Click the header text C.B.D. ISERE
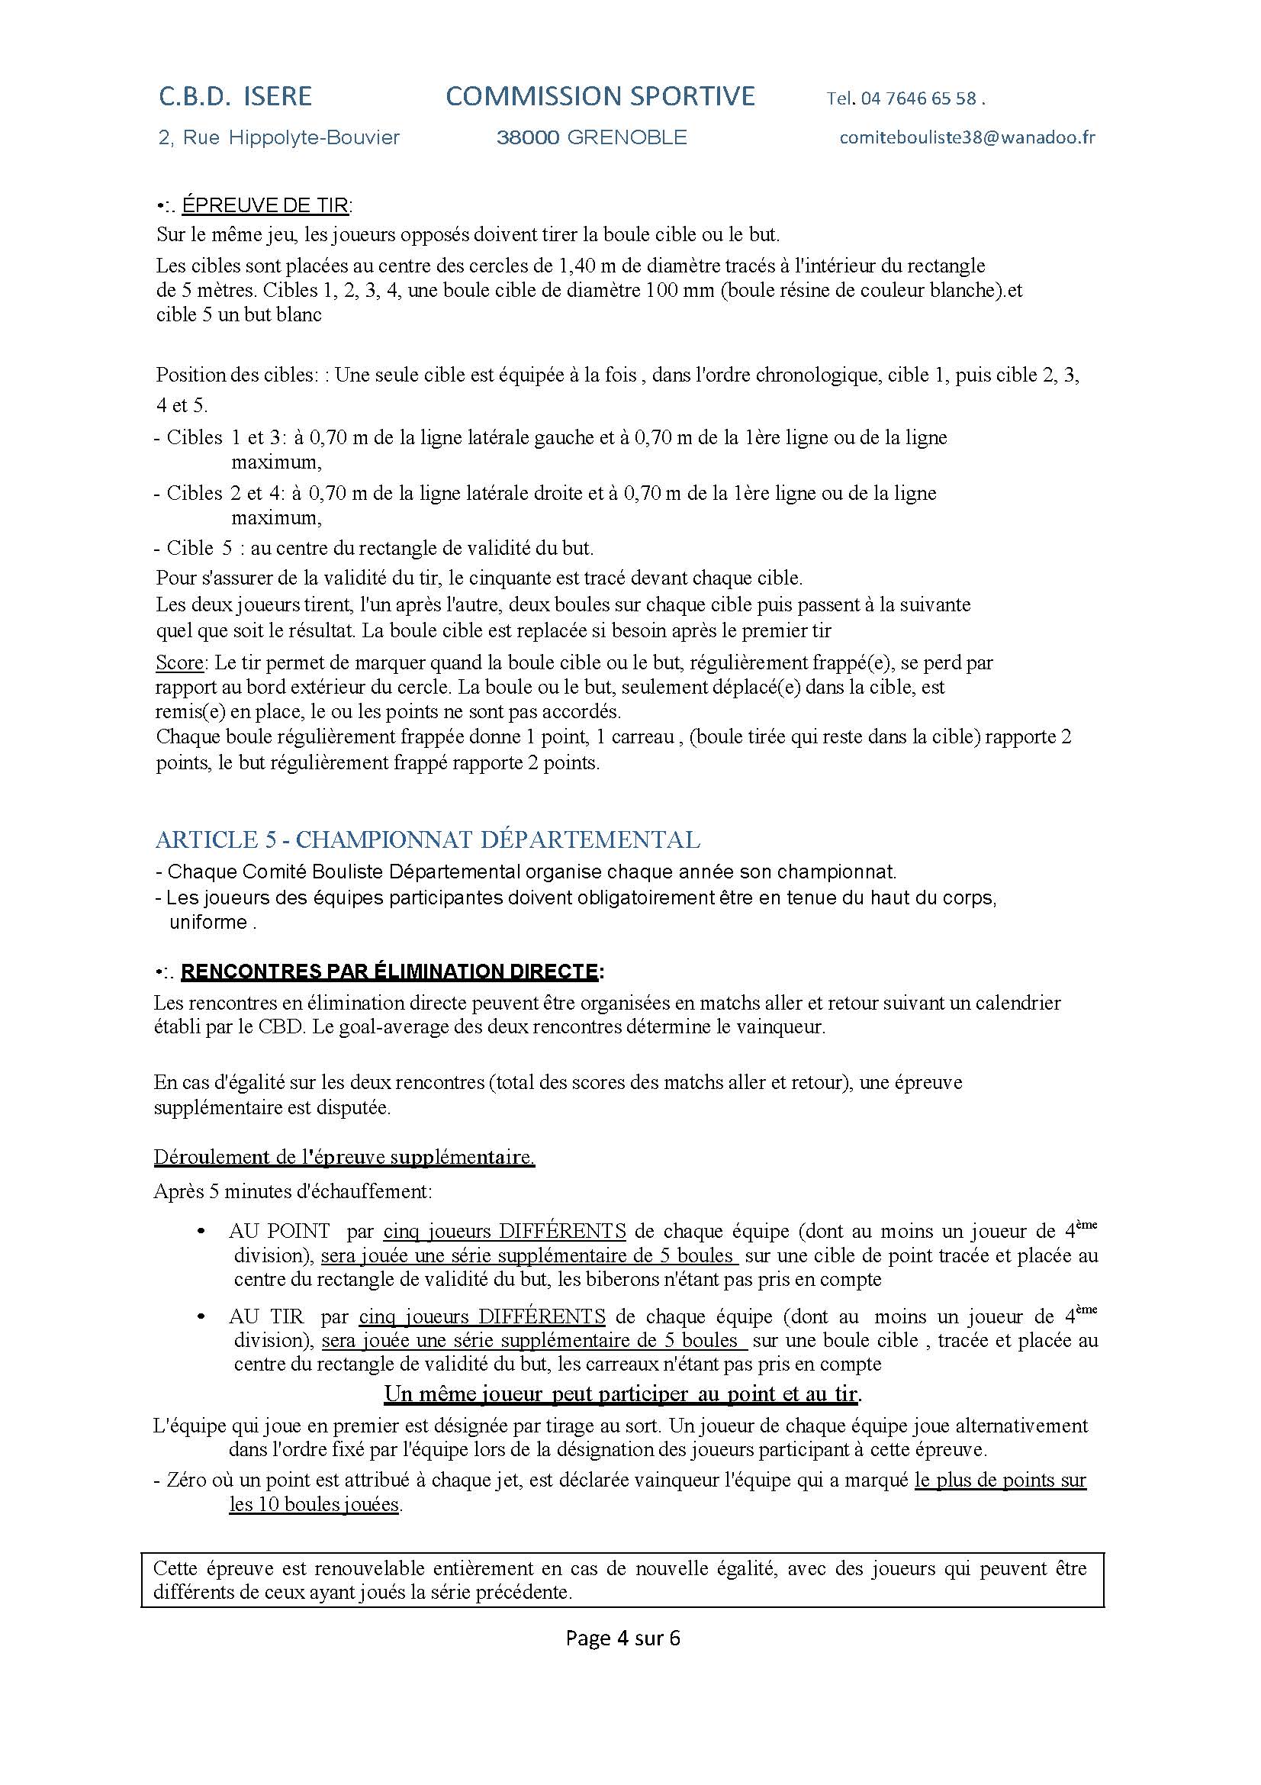[x=236, y=96]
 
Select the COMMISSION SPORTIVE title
[x=600, y=96]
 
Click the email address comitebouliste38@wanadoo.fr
[x=967, y=137]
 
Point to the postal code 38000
[x=528, y=137]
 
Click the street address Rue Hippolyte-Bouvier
[x=291, y=137]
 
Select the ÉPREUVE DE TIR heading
[x=265, y=205]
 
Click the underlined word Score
[x=179, y=662]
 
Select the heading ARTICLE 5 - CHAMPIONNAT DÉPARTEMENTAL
[x=427, y=839]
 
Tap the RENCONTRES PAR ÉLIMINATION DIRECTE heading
[x=389, y=971]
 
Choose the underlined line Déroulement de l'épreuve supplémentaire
[x=344, y=1157]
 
